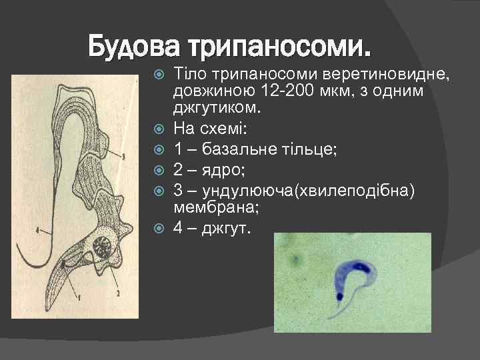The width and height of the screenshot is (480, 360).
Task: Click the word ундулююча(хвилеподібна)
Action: (307, 191)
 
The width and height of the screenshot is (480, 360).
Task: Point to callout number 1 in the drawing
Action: (78, 295)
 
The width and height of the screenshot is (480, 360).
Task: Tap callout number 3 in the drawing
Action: (141, 156)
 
